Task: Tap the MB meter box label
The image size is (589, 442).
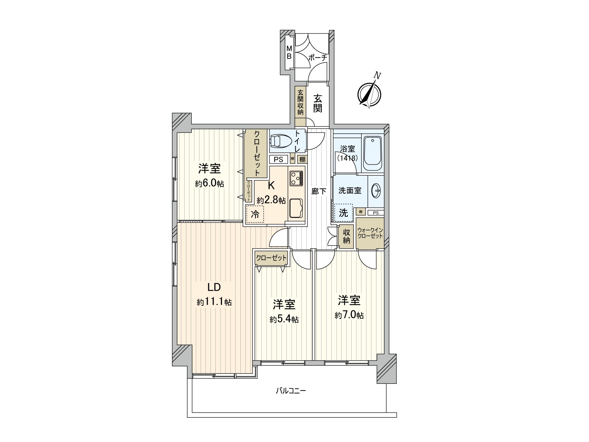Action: coord(289,53)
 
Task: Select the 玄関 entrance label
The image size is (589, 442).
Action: coord(318,103)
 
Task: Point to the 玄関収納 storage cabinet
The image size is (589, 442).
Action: coord(300,102)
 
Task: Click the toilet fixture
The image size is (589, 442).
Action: coord(281,141)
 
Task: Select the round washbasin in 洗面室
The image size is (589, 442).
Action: coord(376,190)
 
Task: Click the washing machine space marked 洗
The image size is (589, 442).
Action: coord(343,213)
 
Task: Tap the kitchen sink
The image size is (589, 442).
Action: coord(296,208)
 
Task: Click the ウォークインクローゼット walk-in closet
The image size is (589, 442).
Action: coord(370,234)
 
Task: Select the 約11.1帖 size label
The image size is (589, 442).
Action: coord(214,302)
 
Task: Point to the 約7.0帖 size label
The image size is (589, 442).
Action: coord(349,315)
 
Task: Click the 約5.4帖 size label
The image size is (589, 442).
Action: coord(284,319)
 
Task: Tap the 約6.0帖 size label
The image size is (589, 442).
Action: coord(209,183)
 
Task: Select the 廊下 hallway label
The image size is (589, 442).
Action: coord(319,191)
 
